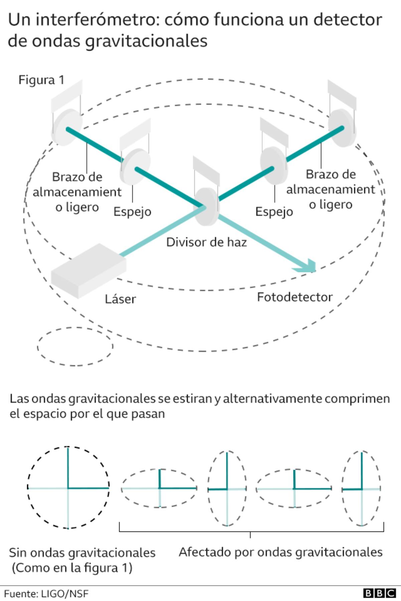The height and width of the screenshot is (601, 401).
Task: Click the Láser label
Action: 120,299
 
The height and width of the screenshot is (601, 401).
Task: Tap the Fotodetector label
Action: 294,297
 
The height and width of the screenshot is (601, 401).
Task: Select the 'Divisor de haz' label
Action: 206,242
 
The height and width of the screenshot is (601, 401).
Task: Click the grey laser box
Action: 88,270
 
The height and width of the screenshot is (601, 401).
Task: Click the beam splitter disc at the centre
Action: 207,206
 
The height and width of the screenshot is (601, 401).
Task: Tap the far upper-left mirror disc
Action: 66,127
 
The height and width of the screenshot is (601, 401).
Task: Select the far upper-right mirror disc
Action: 342,128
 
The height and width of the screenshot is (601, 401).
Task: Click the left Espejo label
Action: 132,212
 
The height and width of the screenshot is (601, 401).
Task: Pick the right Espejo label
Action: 274,212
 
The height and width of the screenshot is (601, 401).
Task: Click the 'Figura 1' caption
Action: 41,80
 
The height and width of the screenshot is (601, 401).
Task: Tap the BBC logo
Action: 379,593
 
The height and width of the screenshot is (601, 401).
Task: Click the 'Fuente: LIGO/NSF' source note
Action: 46,594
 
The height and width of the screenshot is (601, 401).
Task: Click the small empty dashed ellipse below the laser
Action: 75,346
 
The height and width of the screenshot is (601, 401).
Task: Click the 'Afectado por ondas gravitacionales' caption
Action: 280,552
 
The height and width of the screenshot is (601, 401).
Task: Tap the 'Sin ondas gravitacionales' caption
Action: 82,553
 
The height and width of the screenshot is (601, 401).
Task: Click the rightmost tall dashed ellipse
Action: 362,489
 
